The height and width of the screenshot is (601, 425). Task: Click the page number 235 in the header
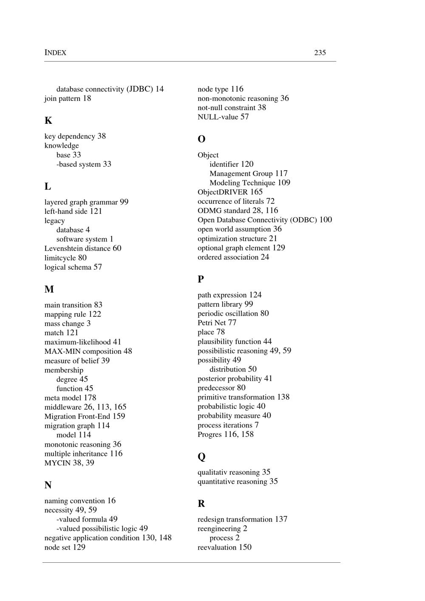tap(320, 53)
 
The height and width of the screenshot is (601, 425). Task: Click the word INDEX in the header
tap(55, 53)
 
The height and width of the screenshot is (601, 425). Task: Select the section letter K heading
tap(48, 121)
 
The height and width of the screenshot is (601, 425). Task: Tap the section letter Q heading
tap(201, 457)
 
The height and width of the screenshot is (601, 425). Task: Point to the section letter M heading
tap(49, 289)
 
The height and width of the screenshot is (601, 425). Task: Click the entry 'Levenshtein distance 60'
tap(83, 248)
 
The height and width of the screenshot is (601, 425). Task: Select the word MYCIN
tap(57, 463)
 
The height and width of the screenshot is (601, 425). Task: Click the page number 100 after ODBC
tap(326, 220)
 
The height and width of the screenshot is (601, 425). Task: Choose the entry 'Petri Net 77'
tap(217, 323)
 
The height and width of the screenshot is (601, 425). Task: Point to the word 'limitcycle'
tap(60, 258)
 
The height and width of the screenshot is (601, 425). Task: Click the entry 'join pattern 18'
tap(68, 99)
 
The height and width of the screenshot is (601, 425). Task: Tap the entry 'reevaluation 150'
tap(224, 547)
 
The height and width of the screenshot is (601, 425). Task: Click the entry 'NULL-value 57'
tap(223, 117)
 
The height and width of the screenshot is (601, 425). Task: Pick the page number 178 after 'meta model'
tap(90, 398)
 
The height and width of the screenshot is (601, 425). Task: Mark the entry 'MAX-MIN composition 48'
tap(88, 351)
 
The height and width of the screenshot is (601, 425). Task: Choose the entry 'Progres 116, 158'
tap(225, 434)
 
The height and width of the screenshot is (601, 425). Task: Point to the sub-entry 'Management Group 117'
tap(248, 174)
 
